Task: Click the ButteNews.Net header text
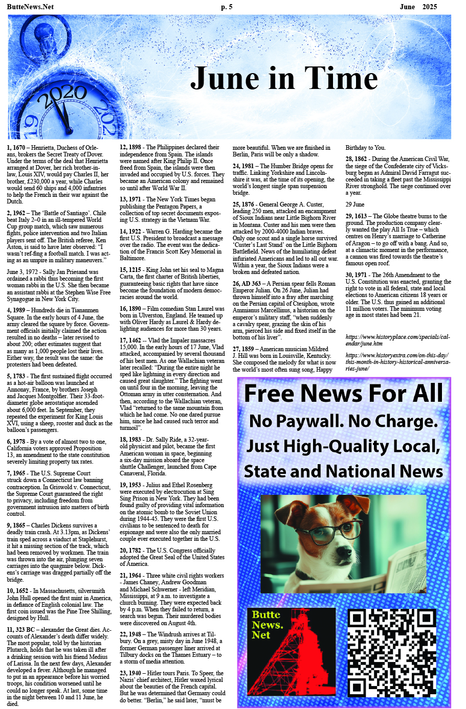pyautogui.click(x=30, y=7)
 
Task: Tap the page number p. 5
pyautogui.click(x=227, y=7)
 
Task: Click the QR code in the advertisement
pyautogui.click(x=392, y=653)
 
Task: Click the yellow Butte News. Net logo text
pyautogui.click(x=267, y=624)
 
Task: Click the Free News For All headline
pyautogui.click(x=343, y=394)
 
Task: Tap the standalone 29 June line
pyautogui.click(x=354, y=204)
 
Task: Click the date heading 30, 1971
pyautogui.click(x=356, y=275)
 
